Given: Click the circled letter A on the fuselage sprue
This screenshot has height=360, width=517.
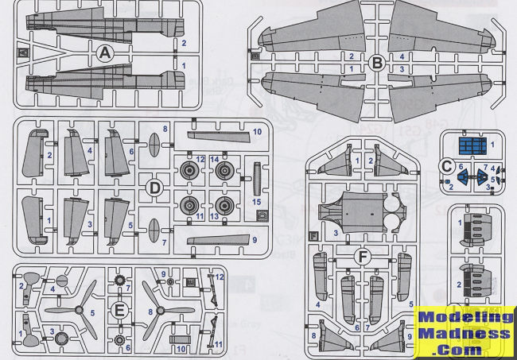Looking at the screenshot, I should coord(103,53).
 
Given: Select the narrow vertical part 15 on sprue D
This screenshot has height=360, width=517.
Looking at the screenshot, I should coord(255,183).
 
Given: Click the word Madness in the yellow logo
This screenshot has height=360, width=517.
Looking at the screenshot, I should coord(465,333).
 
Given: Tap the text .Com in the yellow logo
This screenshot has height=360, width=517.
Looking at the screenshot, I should coord(465,350).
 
